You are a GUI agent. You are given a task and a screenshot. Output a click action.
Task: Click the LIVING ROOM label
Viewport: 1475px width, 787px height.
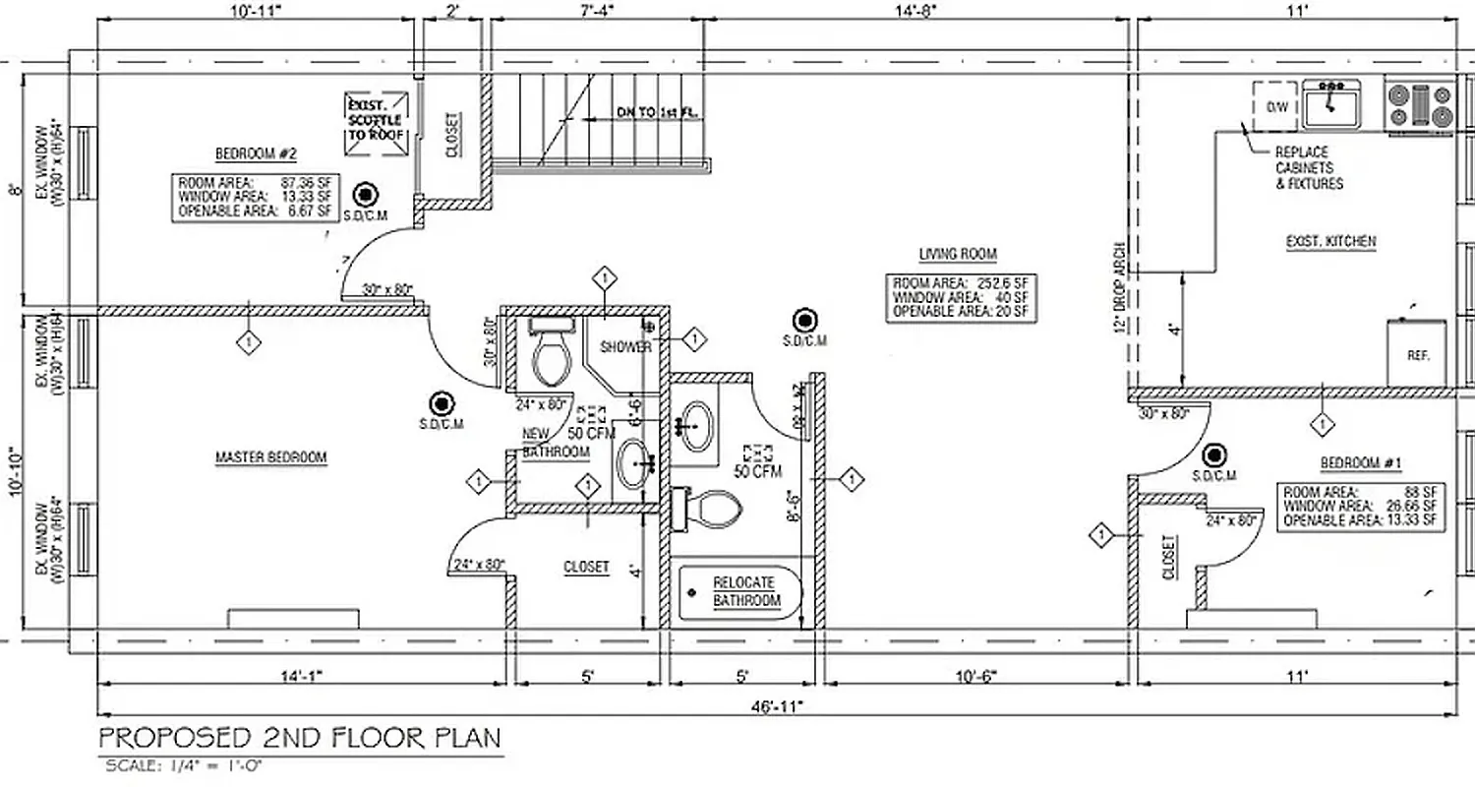pos(957,254)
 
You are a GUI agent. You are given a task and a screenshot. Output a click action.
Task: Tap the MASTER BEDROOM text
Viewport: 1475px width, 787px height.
pos(270,457)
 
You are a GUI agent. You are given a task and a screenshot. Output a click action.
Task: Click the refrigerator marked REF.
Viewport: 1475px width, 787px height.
pos(1417,353)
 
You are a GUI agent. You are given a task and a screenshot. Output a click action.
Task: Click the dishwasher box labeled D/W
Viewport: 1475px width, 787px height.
pos(1276,104)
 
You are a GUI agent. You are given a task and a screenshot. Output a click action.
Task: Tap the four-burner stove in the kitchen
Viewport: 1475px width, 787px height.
pos(1419,105)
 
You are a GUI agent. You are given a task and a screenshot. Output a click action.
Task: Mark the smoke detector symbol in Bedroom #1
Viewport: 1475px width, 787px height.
pos(1216,454)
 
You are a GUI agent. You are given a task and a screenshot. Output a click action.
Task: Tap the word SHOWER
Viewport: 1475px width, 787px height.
pos(625,347)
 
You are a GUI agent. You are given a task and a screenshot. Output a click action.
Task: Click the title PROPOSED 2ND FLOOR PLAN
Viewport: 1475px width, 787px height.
pos(299,737)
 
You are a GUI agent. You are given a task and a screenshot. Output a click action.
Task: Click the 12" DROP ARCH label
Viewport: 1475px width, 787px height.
pos(1118,288)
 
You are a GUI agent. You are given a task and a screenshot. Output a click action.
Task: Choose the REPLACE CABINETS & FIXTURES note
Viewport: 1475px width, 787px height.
pos(1308,168)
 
